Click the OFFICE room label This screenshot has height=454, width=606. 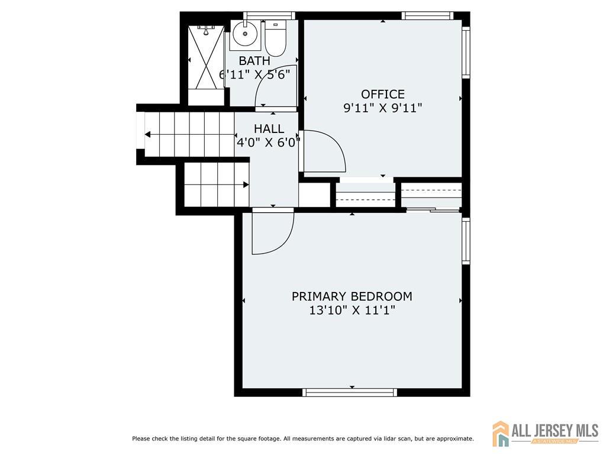(383, 94)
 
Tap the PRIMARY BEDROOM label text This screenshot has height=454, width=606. (352, 297)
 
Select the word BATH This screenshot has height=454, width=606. (254, 61)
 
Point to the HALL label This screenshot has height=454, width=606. (269, 128)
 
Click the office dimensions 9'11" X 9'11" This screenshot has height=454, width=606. (383, 108)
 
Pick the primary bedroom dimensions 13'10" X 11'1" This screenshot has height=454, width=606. (352, 310)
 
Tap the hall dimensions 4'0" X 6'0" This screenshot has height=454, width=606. (269, 142)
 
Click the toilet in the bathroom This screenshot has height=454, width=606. (276, 38)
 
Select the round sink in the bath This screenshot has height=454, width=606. (245, 34)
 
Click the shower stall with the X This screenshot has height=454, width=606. (206, 57)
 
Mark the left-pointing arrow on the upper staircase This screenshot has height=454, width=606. (189, 134)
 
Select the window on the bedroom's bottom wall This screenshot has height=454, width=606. (350, 393)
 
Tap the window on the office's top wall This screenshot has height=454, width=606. (427, 16)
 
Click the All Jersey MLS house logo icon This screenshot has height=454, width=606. (501, 433)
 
